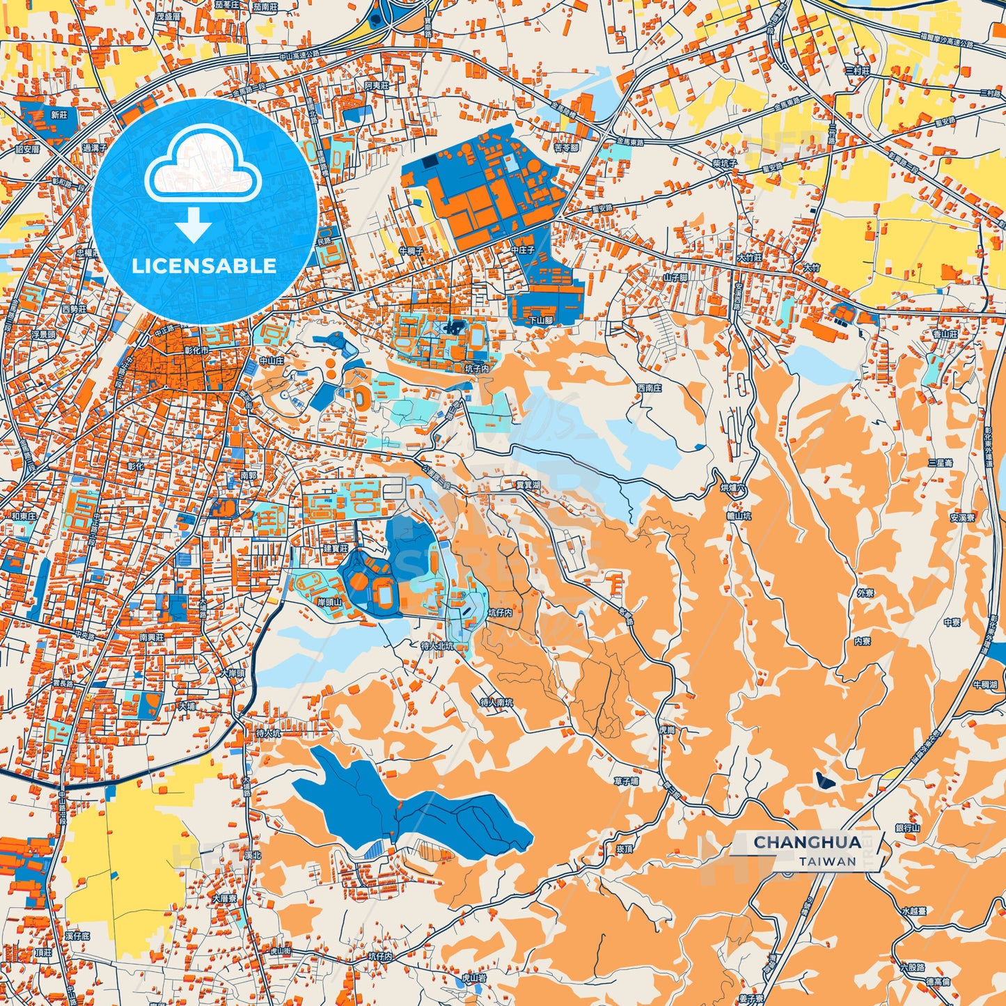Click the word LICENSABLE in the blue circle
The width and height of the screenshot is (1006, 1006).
click(x=204, y=265)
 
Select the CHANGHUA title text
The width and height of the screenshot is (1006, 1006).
click(x=807, y=842)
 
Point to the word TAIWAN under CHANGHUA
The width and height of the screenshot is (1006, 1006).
click(x=827, y=861)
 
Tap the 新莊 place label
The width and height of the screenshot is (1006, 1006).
click(x=59, y=115)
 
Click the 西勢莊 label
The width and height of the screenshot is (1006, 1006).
click(x=74, y=308)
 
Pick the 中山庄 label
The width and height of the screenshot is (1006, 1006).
click(x=272, y=361)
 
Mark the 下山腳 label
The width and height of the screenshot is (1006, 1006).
click(x=541, y=321)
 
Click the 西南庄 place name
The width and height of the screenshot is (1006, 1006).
click(x=649, y=388)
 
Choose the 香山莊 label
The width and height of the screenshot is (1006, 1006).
click(x=945, y=334)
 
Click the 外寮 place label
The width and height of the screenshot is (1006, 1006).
click(x=865, y=593)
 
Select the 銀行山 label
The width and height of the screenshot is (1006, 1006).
click(x=908, y=828)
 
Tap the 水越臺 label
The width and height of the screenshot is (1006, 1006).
click(x=913, y=911)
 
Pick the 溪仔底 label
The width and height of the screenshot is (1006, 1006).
click(x=78, y=936)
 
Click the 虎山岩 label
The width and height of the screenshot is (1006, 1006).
click(x=473, y=978)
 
